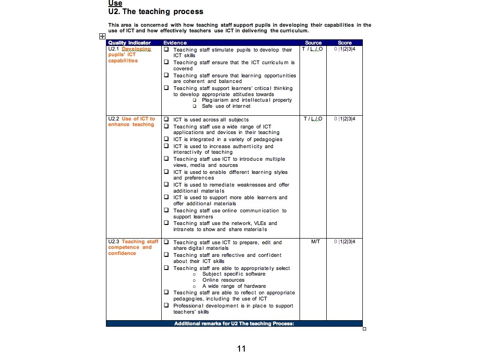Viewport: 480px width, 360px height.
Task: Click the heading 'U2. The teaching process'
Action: click(x=156, y=12)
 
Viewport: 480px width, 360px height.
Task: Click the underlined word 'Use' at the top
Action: click(x=115, y=3)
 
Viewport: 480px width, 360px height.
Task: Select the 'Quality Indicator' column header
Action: click(x=129, y=43)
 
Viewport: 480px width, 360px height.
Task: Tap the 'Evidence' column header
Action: click(x=175, y=43)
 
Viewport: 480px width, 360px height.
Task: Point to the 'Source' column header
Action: click(x=313, y=43)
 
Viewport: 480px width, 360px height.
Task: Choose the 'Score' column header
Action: click(x=345, y=43)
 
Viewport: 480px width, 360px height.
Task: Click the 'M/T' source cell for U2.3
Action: click(x=315, y=242)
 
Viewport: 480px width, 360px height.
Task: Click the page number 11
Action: click(x=241, y=348)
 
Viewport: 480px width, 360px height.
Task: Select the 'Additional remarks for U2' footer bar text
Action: click(x=234, y=323)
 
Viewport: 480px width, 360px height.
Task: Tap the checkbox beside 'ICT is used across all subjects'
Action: click(x=166, y=120)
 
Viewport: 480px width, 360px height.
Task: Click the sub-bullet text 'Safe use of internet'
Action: click(x=226, y=106)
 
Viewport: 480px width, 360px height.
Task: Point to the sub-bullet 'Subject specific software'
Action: click(x=233, y=274)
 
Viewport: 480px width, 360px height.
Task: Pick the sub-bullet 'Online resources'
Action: click(x=223, y=280)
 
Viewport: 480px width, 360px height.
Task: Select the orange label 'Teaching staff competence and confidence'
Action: click(x=133, y=247)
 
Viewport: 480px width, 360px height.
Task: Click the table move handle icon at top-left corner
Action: click(x=102, y=36)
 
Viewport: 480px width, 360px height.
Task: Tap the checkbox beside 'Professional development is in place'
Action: click(x=166, y=306)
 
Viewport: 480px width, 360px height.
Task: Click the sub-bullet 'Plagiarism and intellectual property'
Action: click(x=247, y=100)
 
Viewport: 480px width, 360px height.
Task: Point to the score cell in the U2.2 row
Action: click(x=345, y=119)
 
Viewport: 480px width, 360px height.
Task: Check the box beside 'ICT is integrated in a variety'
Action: click(x=166, y=139)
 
